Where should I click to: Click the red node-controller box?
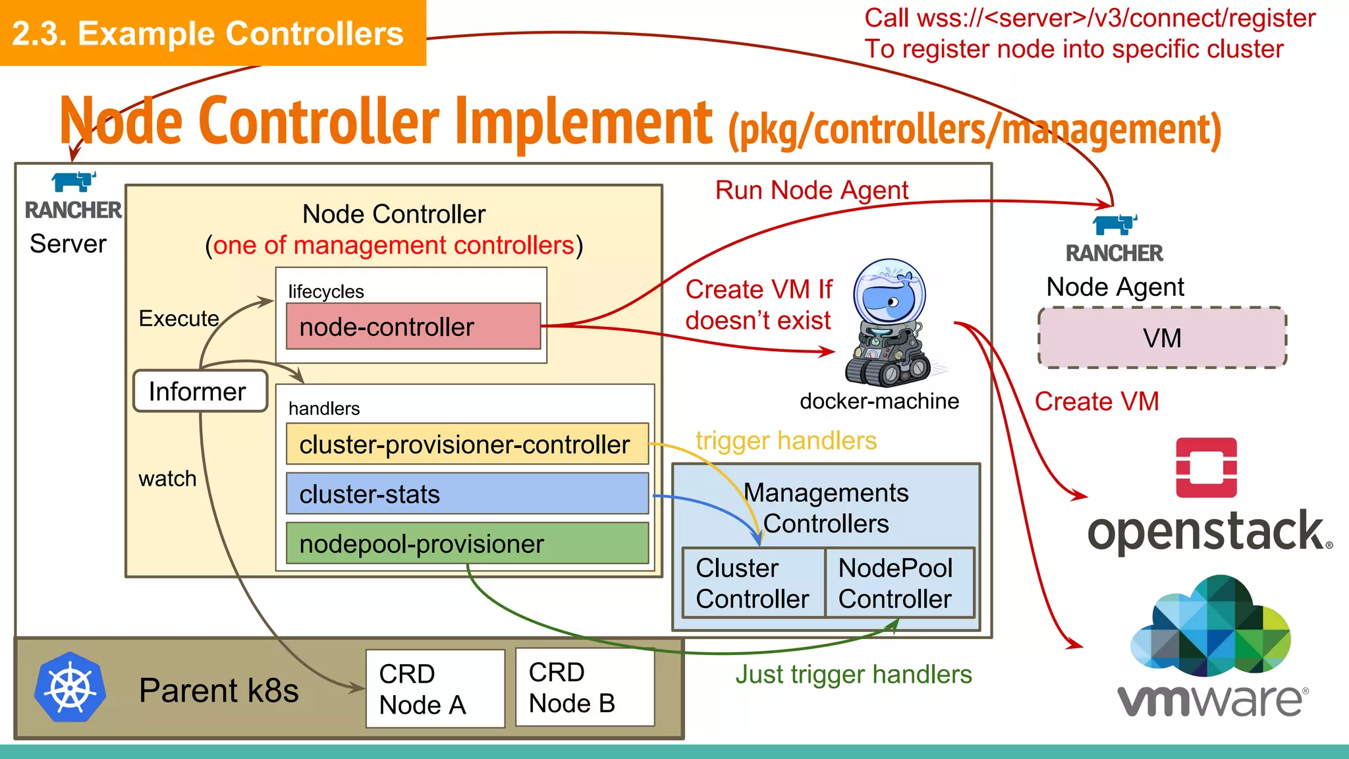pos(413,326)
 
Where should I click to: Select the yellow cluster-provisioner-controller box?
pos(467,444)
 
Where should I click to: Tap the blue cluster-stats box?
pos(467,493)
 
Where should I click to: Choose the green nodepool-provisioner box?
pos(467,544)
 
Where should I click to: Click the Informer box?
pos(200,391)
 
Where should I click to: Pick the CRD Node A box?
pos(435,689)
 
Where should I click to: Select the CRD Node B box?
pos(585,687)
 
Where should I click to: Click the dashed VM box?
pos(1162,337)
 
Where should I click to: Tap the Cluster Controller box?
pos(753,583)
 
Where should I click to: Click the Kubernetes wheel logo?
pos(70,688)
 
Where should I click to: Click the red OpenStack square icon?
pos(1206,467)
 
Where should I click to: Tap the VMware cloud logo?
pos(1211,626)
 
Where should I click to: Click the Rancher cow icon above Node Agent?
pos(1115,224)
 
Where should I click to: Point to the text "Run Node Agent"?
pos(812,190)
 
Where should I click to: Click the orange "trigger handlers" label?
pos(786,440)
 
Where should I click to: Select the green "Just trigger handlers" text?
pos(853,674)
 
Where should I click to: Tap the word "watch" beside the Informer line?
pos(167,478)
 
